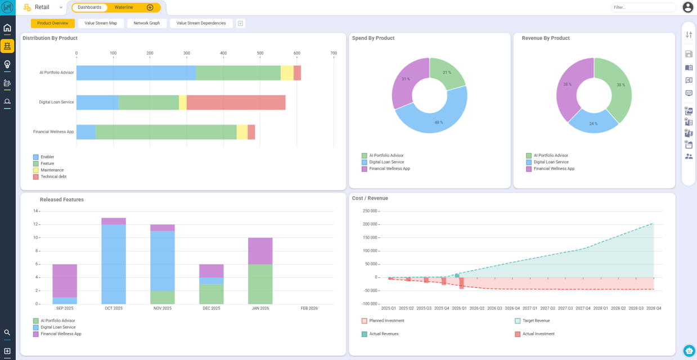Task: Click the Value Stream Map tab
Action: coord(101,23)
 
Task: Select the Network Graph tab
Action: coord(147,23)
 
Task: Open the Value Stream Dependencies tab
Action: coord(201,23)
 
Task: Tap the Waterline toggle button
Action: coord(124,7)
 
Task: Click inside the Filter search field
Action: coord(643,7)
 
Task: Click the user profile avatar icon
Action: coord(688,7)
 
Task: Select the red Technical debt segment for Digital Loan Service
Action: coord(236,102)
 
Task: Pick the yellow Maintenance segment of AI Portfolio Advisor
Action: coord(287,73)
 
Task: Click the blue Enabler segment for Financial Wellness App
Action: coord(86,132)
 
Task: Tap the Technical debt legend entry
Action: coord(50,177)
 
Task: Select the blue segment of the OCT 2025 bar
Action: coord(114,264)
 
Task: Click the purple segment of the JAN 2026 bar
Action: coord(260,251)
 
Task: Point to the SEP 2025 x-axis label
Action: coord(64,308)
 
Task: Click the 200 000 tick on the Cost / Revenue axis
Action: coord(370,224)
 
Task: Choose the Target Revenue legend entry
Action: coord(532,321)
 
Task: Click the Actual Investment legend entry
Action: coord(534,334)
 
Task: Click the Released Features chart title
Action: coord(62,200)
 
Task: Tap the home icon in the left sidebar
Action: coord(7,28)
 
